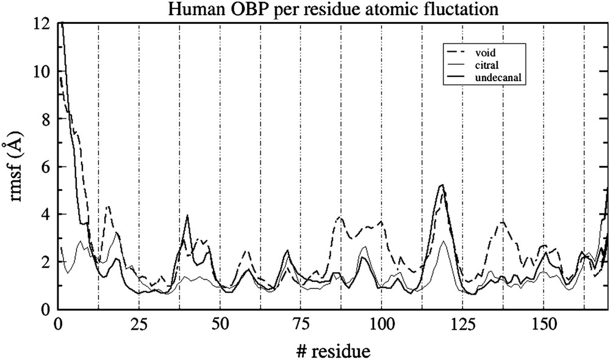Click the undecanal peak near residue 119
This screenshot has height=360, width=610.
[442, 184]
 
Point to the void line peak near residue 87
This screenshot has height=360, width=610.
[340, 217]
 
